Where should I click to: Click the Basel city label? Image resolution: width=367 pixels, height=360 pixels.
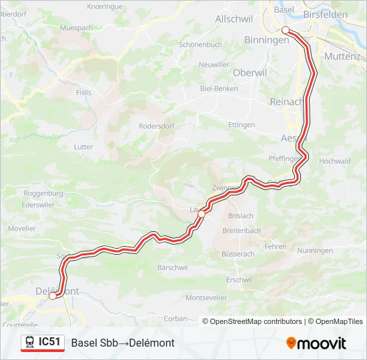tap(284, 9)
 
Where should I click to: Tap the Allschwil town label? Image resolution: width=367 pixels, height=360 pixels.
tap(232, 19)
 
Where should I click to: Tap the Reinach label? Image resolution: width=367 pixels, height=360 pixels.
tap(286, 101)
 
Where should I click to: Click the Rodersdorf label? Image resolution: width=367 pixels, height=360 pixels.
tap(157, 125)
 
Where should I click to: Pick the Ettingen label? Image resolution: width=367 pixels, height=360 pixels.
tap(242, 125)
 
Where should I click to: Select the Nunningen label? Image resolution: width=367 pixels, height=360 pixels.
tap(315, 251)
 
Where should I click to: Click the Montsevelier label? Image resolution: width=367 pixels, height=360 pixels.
tap(207, 297)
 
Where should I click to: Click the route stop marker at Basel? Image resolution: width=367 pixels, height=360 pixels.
tap(286, 30)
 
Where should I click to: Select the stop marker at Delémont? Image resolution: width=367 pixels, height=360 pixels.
tap(53, 297)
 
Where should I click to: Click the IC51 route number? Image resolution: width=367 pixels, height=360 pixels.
tap(50, 342)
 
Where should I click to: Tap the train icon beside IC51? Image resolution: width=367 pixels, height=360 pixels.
tap(30, 343)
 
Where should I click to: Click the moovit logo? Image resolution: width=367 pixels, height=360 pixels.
tap(316, 343)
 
